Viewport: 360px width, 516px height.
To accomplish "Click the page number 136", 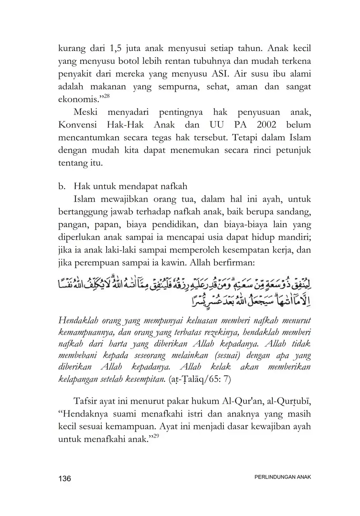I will [x=65, y=479].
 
